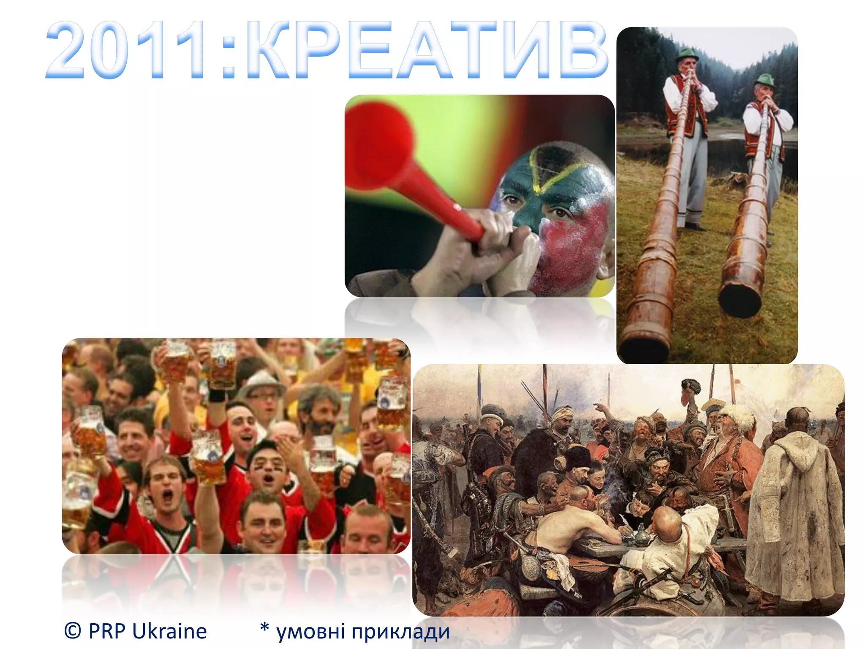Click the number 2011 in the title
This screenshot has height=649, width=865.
click(x=127, y=50)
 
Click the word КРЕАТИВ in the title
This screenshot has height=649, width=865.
click(x=427, y=50)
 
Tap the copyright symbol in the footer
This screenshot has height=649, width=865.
click(x=73, y=630)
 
